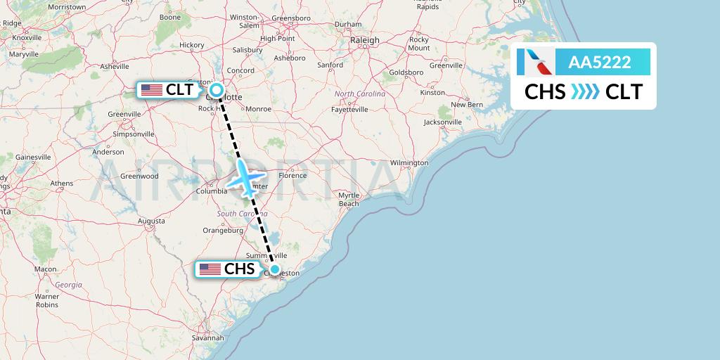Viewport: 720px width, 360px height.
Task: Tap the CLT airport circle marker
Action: click(x=217, y=90)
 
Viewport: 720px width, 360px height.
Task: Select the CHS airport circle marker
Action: click(x=275, y=269)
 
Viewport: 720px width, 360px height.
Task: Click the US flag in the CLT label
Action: click(x=152, y=90)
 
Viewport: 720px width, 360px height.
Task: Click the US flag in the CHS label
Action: click(x=210, y=269)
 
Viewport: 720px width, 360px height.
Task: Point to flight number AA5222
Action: click(x=599, y=62)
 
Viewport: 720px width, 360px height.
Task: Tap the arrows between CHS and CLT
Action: click(x=585, y=92)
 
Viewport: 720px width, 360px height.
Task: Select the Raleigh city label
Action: click(x=365, y=40)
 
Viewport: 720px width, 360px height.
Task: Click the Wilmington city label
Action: click(x=409, y=162)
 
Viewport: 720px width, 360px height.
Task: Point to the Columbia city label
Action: click(x=211, y=191)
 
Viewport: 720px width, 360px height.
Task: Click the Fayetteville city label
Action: click(x=349, y=110)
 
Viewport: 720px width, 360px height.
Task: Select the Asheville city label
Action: click(x=115, y=67)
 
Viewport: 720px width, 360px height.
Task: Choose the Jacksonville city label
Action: click(x=442, y=122)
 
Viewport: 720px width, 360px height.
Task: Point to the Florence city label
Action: click(x=292, y=175)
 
